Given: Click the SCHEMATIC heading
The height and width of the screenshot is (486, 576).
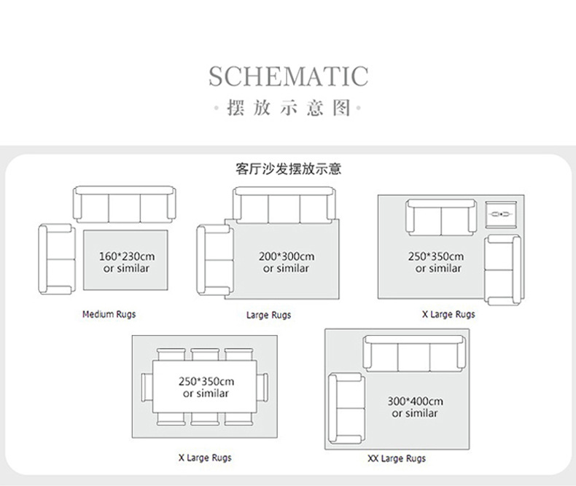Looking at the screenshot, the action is click(288, 76).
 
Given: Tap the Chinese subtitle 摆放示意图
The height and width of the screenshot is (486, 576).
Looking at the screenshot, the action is click(288, 109).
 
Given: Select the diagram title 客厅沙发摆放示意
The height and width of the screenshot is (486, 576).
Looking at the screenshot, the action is click(288, 170).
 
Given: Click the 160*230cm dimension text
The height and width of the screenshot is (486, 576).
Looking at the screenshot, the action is click(127, 256).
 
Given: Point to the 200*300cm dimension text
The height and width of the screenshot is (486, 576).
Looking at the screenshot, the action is click(286, 256).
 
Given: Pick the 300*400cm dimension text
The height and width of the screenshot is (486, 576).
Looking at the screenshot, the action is click(415, 401).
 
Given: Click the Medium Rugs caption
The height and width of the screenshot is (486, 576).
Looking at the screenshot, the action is click(109, 315).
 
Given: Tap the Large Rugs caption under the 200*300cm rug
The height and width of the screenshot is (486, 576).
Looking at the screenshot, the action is click(268, 315).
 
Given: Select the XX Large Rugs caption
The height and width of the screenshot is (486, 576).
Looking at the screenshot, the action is click(397, 459).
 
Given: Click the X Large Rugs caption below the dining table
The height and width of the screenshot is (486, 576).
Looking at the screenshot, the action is click(205, 458).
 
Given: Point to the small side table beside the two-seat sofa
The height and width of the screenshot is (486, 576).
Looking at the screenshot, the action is click(501, 214).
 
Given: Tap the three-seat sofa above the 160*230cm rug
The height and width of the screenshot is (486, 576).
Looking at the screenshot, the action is click(124, 205).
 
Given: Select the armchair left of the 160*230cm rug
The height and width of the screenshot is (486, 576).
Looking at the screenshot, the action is click(56, 259).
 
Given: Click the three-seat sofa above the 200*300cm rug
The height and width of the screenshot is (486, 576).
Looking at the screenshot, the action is click(284, 205).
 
